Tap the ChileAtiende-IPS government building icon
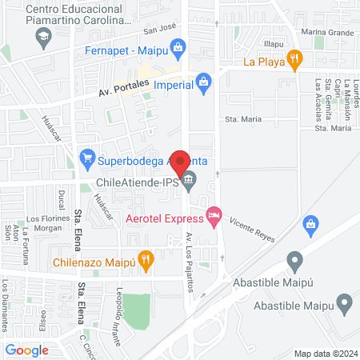[x=188, y=181]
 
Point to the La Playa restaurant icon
[x=295, y=58]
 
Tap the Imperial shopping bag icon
[x=205, y=82]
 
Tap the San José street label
[x=159, y=31]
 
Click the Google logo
[x=27, y=350]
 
